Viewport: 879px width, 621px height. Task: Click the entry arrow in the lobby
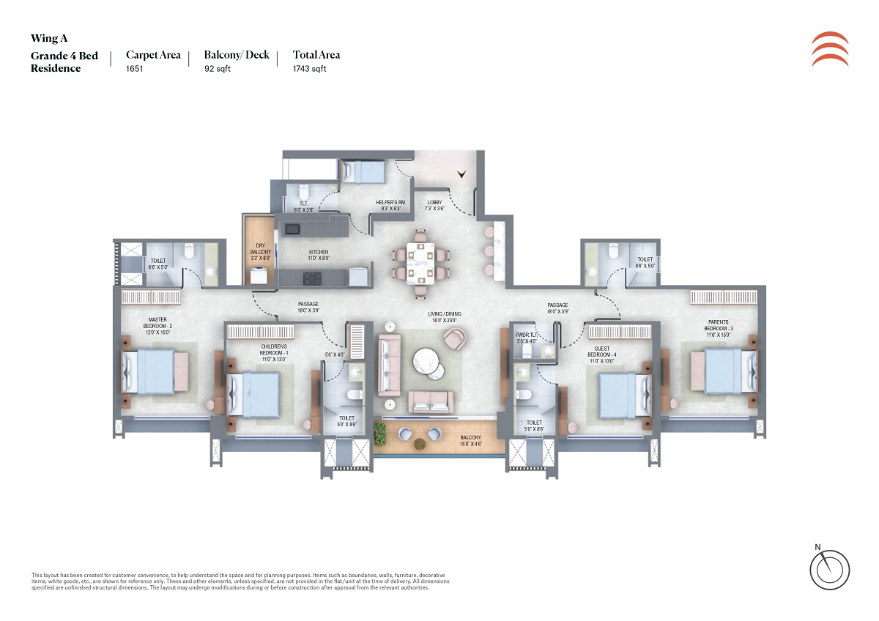click(461, 174)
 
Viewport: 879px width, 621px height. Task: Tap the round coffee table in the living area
click(426, 360)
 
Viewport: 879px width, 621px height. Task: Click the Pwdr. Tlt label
click(527, 338)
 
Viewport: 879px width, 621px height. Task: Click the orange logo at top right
click(831, 50)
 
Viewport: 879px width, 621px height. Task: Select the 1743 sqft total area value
click(309, 69)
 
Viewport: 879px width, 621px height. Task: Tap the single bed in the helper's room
click(364, 172)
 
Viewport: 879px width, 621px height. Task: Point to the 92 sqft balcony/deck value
click(218, 69)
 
